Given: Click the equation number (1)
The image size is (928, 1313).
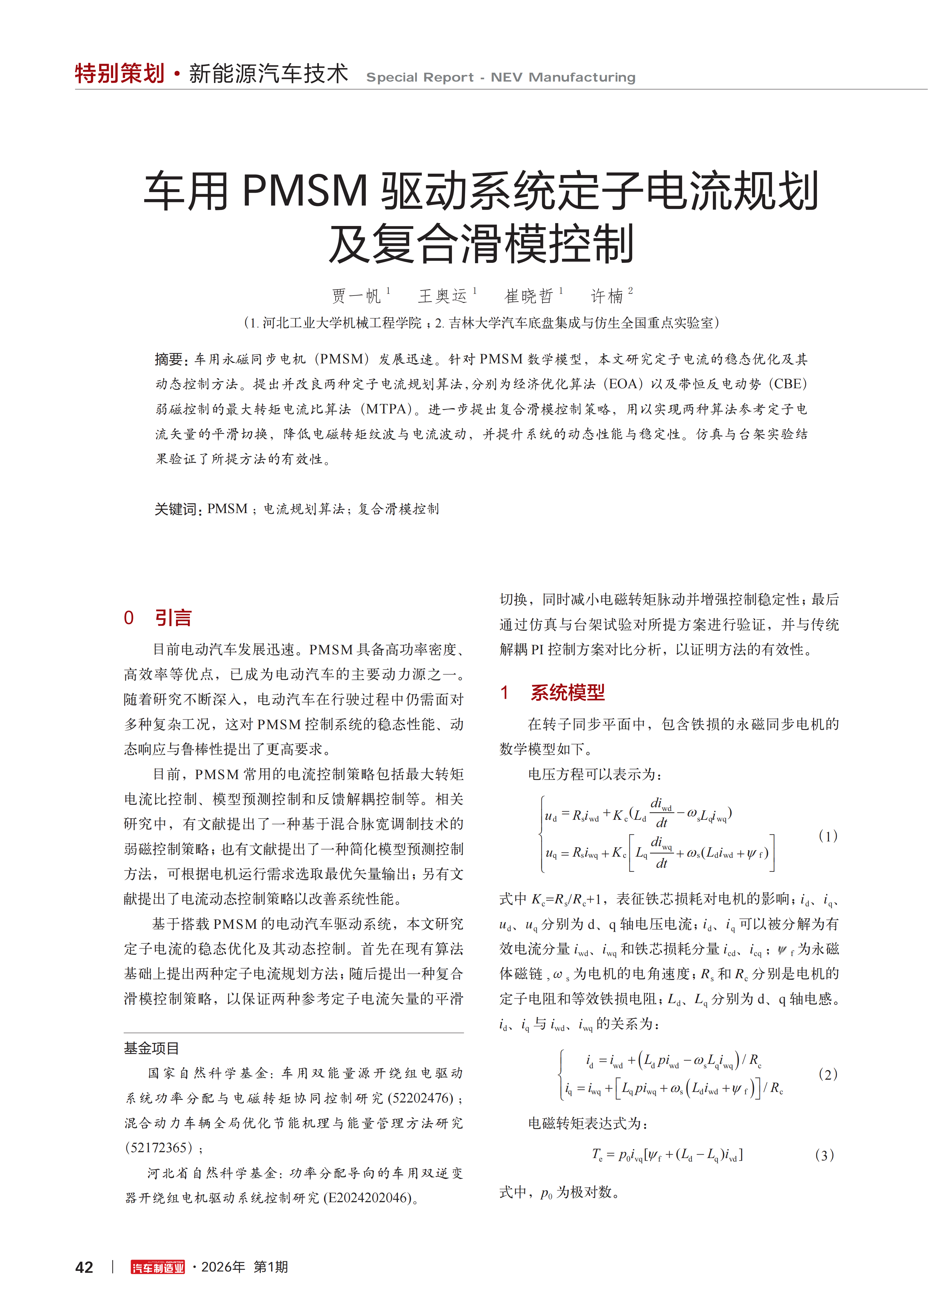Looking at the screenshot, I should pos(827,836).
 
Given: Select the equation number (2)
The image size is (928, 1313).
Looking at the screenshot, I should pos(827,1074).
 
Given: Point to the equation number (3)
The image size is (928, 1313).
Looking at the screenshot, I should pos(824,1155).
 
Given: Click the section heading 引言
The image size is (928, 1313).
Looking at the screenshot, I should pos(173,617).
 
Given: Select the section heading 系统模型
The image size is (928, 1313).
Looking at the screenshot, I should pos(567,693).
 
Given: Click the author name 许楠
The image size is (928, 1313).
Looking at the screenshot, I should pos(607,296).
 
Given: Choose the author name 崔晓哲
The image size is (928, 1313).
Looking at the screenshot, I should pos(529,296).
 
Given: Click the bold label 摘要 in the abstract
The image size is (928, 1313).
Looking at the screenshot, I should pos(169,359).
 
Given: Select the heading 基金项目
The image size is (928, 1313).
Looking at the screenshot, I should pos(151,1048).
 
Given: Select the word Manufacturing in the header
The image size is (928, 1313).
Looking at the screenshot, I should pos(582,77).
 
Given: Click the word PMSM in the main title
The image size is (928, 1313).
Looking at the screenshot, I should pos(305,190).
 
